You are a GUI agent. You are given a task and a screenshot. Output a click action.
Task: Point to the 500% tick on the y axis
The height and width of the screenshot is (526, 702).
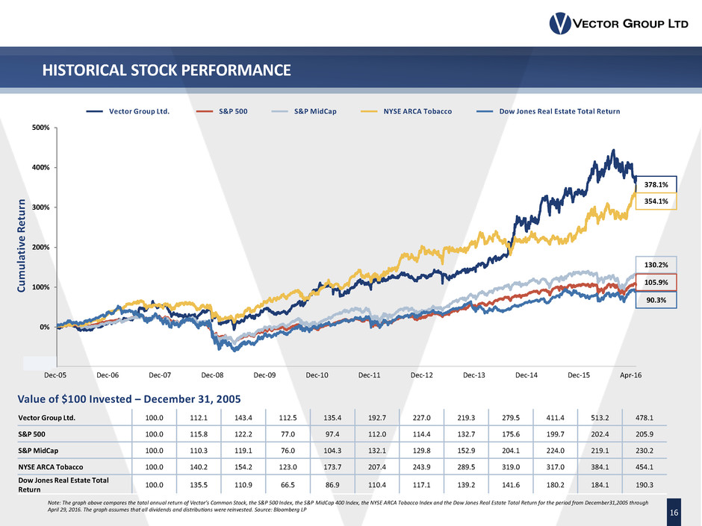coord(40,128)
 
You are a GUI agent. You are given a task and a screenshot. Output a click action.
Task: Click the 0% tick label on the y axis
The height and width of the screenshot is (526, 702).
coord(45,327)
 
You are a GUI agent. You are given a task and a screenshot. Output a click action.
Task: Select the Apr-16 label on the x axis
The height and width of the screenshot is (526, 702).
coord(631,377)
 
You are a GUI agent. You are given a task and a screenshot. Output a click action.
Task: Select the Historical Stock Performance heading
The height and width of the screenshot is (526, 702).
coord(166,71)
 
